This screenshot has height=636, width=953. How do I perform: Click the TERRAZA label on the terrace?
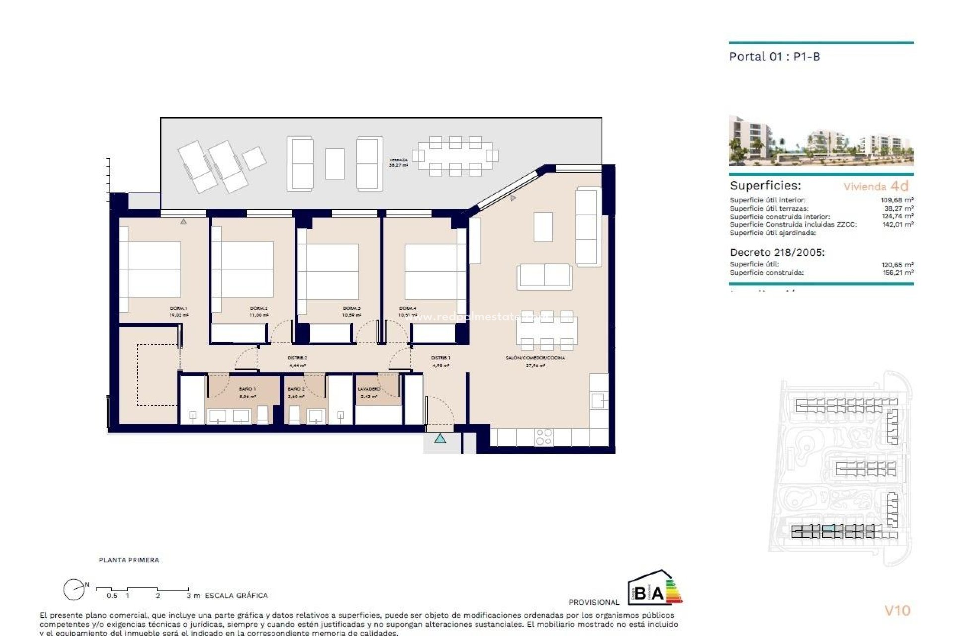(x=398, y=160)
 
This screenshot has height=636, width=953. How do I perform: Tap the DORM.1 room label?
(x=178, y=308)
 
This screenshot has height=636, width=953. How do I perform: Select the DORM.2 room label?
(x=259, y=308)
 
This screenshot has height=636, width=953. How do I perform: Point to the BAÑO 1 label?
(x=247, y=389)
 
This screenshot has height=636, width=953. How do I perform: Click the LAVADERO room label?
(x=369, y=389)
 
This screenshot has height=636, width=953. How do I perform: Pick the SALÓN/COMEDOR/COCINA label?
(x=535, y=358)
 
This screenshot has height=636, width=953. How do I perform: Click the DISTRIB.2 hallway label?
(x=297, y=358)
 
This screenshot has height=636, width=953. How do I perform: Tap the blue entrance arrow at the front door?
(x=440, y=439)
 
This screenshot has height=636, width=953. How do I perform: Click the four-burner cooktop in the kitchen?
(x=544, y=437)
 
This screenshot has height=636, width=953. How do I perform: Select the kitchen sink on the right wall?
(x=598, y=400)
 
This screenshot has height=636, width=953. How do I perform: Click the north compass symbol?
(x=74, y=590)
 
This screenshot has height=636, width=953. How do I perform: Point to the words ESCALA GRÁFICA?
(x=236, y=595)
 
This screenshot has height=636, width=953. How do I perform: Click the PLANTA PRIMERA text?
(x=129, y=560)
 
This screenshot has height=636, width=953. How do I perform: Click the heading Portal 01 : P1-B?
(x=774, y=57)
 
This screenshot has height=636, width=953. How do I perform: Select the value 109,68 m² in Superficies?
(x=897, y=200)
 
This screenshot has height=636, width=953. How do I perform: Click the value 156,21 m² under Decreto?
(x=897, y=272)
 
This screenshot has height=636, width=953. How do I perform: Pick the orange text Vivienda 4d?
(x=876, y=186)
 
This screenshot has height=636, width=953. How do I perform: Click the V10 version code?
(x=897, y=610)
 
